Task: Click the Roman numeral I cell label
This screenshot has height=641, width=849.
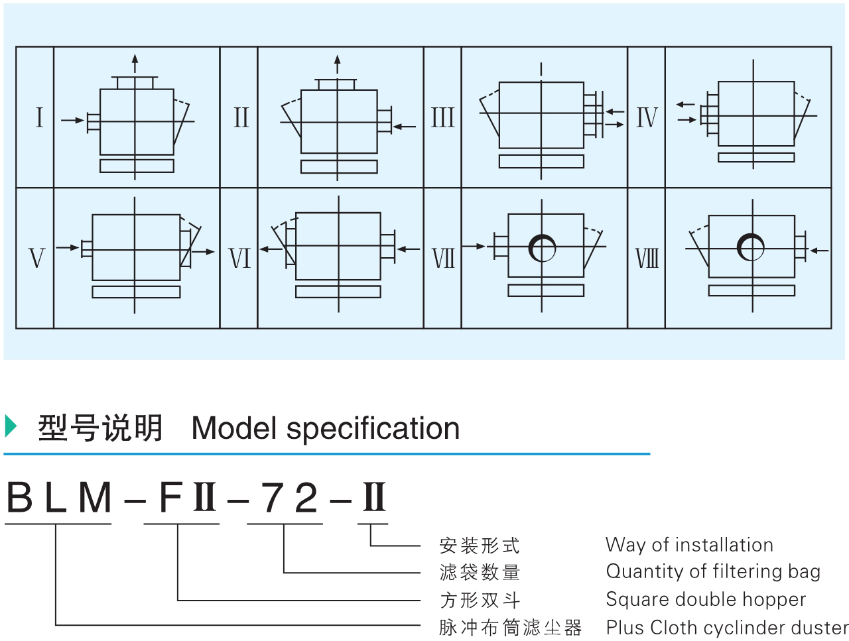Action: (x=39, y=117)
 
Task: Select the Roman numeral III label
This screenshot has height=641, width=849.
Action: (x=442, y=117)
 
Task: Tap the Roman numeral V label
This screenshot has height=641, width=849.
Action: (x=36, y=258)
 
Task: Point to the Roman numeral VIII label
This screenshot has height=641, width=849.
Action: (x=647, y=258)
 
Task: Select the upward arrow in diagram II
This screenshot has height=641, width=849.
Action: (x=338, y=64)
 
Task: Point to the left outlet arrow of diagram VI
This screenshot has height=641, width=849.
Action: (x=269, y=249)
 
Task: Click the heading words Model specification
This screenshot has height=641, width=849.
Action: (x=325, y=428)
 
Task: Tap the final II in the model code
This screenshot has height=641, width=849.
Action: (x=373, y=498)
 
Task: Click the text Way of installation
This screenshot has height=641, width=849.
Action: (x=689, y=545)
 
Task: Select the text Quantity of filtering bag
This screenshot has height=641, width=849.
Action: (x=713, y=571)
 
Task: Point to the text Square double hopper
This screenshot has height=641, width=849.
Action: (x=706, y=599)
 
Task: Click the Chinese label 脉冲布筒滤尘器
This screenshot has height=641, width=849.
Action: (x=510, y=627)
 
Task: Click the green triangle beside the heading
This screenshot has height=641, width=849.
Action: (x=10, y=426)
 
